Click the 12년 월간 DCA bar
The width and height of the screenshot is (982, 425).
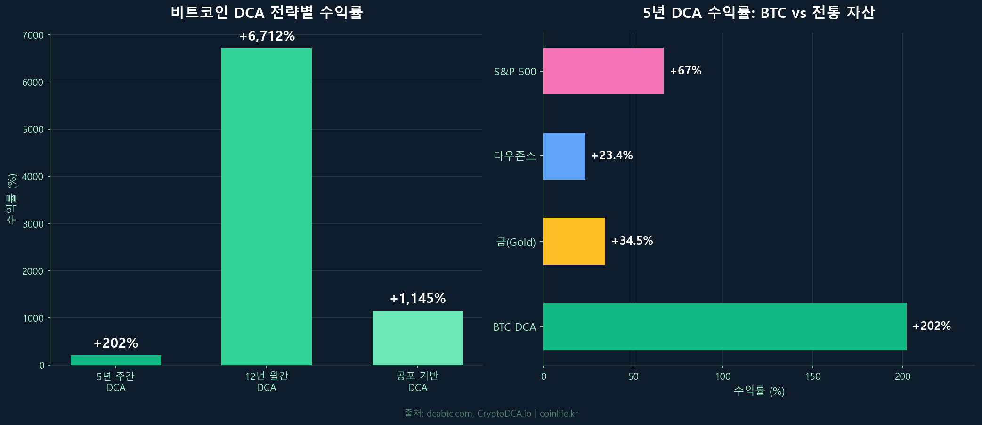click(x=267, y=206)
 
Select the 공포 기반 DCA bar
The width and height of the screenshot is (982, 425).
click(x=418, y=338)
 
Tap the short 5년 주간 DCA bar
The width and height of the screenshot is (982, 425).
click(x=116, y=360)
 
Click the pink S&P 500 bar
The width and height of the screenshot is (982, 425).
click(x=603, y=71)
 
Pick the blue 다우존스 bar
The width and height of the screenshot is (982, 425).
click(x=564, y=156)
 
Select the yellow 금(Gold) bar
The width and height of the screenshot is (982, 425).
click(x=574, y=241)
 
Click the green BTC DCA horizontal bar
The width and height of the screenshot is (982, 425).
click(x=724, y=327)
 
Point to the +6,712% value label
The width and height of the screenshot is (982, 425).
click(x=267, y=36)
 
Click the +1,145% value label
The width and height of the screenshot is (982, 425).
click(x=418, y=298)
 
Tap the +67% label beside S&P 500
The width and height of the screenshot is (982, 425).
click(x=686, y=71)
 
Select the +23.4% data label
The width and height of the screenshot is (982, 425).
click(x=612, y=155)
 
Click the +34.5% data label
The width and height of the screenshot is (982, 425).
click(x=632, y=241)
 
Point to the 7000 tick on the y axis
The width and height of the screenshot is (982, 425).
click(x=33, y=35)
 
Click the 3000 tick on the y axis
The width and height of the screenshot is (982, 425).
click(x=33, y=224)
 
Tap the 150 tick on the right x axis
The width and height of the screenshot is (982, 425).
click(x=812, y=376)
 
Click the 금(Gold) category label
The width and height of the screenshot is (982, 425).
click(x=516, y=242)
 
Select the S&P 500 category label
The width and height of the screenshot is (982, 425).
click(x=515, y=72)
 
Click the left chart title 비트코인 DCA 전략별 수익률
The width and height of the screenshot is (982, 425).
click(x=267, y=12)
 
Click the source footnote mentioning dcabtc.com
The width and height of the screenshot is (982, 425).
click(x=491, y=413)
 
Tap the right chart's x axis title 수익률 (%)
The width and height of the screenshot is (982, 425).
click(x=759, y=391)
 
